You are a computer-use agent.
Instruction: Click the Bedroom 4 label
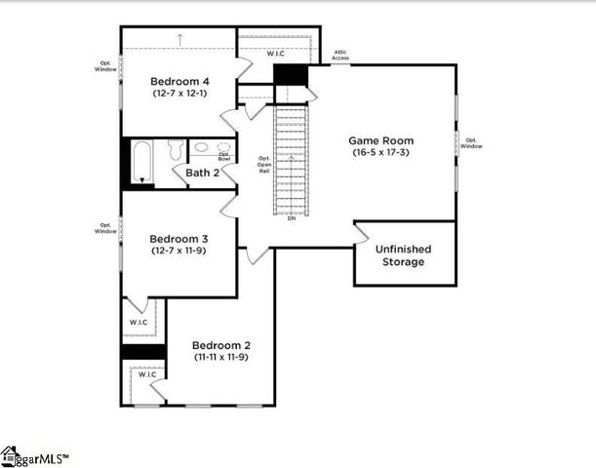tap(179, 80)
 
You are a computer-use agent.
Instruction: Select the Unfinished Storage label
tap(403, 255)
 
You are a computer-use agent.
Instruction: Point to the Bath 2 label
tap(202, 173)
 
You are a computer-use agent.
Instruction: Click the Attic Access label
tap(341, 55)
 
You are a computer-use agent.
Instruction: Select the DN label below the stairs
tap(291, 218)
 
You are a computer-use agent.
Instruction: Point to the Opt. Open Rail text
tap(263, 164)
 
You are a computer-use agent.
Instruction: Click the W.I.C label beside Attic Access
tap(276, 53)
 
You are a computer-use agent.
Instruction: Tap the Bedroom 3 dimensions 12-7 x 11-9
tap(179, 251)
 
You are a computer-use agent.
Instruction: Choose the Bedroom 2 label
tap(221, 345)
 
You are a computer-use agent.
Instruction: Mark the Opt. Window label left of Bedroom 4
tap(106, 66)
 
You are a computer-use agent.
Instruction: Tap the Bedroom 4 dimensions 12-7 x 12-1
tap(179, 94)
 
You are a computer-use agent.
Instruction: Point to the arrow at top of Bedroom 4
tap(180, 39)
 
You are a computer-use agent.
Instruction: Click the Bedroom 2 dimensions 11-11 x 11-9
tap(221, 358)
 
